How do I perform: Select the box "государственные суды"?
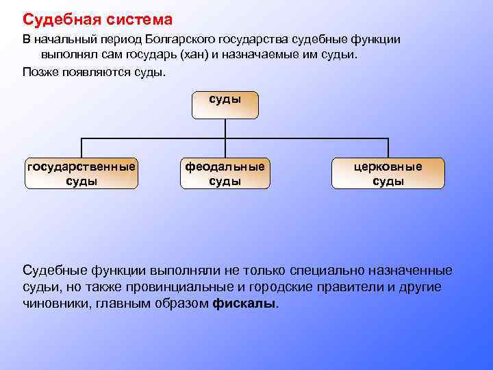tap(81, 173)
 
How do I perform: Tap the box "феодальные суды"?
tap(225, 173)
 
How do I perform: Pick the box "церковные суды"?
tap(388, 173)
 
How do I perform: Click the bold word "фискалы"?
tap(245, 303)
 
